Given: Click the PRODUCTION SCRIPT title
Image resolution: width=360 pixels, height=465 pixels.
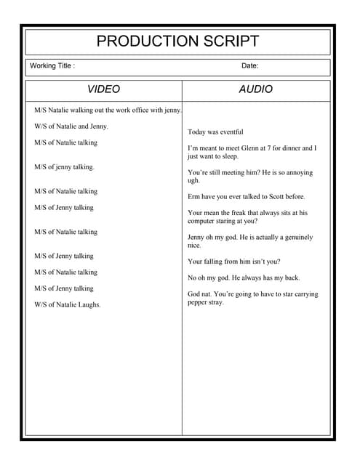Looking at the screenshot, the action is coord(177,41).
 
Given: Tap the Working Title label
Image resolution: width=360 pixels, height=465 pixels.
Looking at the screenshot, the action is coord(52,66).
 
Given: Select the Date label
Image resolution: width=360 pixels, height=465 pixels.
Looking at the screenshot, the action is coord(249,66).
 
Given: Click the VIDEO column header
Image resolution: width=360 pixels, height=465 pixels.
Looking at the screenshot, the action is coord(104,89).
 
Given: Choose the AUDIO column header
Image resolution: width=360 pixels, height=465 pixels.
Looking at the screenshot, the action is coord(256,89).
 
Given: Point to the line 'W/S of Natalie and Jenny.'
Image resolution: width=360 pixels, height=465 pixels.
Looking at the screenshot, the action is coord(71,126).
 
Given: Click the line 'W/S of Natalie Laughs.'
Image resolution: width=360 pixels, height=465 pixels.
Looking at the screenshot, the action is coord(68,304).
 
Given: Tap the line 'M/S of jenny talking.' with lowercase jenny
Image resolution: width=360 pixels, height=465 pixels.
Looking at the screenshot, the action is coord(64,167).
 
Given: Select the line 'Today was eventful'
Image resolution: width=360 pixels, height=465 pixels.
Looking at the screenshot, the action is coord(215,132).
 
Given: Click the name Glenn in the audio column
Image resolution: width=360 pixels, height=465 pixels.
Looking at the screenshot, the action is coord(251,148).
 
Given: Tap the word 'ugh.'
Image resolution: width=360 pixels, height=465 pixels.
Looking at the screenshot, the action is coord(193,181).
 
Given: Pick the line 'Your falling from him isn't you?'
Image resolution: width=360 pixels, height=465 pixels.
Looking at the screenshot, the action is coord(233,262).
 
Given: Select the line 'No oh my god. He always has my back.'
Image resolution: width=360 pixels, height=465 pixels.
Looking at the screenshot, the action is coord(243,278).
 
